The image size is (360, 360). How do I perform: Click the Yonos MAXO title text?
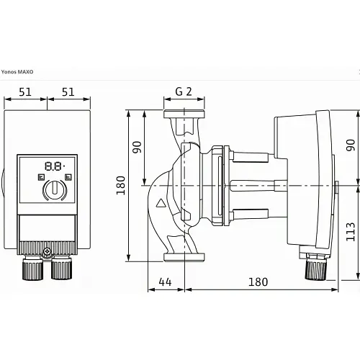(17, 72)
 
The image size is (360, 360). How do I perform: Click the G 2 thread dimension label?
(184, 91)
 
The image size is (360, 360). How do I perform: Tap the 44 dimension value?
(165, 282)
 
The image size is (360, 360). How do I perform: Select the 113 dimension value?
(351, 232)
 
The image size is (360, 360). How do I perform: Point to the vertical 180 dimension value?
(121, 185)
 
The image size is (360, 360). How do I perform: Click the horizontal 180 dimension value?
(258, 282)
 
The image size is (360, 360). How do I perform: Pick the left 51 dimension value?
(25, 92)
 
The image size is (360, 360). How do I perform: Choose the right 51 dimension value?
(68, 92)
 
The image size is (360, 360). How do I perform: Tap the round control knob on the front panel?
(55, 190)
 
